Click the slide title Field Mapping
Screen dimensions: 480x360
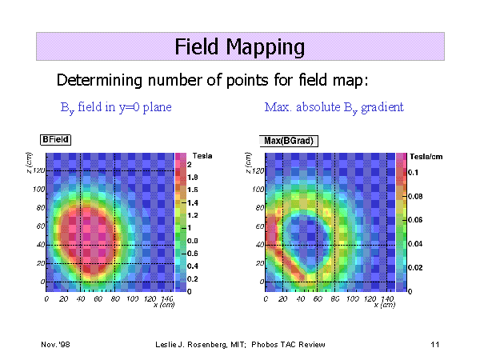click(240, 47)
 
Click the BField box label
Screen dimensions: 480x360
click(55, 139)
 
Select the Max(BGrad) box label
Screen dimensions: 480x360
click(289, 141)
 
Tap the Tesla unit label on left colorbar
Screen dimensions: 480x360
click(202, 156)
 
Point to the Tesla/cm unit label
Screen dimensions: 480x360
click(426, 157)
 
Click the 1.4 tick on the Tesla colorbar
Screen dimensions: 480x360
click(193, 202)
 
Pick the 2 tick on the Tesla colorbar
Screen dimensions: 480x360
click(189, 165)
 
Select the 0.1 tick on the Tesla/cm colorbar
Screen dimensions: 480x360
click(413, 173)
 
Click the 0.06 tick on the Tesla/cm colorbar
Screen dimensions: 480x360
click(415, 220)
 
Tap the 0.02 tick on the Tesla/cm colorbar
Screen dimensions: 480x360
click(415, 267)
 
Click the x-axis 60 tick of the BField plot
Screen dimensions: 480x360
click(98, 298)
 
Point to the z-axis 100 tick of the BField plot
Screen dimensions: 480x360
click(39, 190)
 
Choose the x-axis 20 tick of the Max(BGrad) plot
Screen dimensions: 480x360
click(283, 298)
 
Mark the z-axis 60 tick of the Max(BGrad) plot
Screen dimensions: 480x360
click(259, 226)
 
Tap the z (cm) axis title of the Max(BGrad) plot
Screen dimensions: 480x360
click(248, 162)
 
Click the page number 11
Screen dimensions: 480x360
click(435, 345)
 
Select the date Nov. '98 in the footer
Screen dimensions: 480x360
click(55, 345)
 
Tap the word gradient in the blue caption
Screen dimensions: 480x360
click(382, 107)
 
